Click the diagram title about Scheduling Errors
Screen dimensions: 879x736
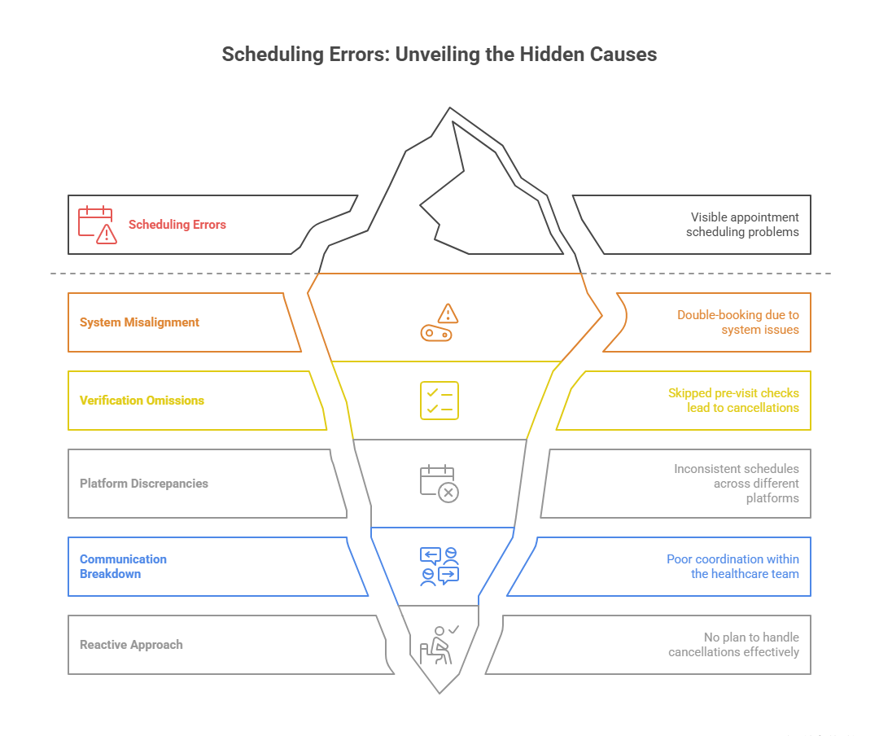point(439,55)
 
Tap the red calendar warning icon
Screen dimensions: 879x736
point(97,225)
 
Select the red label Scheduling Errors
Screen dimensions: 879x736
point(177,225)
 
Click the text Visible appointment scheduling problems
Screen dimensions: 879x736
point(742,225)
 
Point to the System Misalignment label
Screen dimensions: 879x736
point(139,322)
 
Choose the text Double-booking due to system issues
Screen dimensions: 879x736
point(738,322)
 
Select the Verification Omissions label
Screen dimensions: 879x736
point(142,401)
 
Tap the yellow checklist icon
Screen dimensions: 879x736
point(439,401)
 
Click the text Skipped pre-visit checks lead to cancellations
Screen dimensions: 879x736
point(733,401)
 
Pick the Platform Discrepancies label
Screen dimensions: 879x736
point(144,484)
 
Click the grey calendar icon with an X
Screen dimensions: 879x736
point(439,484)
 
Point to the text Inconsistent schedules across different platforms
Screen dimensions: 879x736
point(736,484)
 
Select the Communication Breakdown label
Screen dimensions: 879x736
point(123,567)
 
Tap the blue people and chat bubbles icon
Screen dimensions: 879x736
point(439,566)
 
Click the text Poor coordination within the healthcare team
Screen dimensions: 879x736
point(732,567)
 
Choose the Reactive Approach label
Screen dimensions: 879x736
point(131,645)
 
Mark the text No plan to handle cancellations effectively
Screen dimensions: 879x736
point(733,645)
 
